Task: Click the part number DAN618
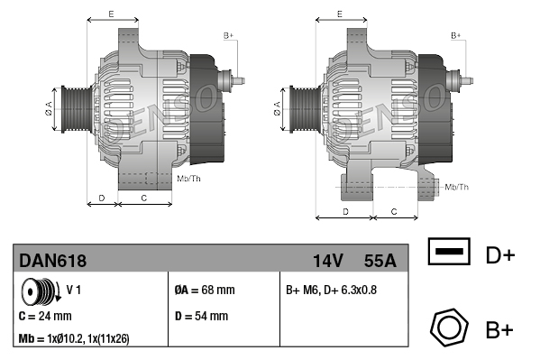[x=52, y=261]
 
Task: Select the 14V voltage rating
[x=328, y=261]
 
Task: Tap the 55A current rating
[x=380, y=261]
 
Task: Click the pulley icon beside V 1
[x=41, y=291]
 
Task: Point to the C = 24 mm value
[x=45, y=316]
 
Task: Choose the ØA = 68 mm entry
[x=205, y=290]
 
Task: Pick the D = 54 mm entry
[x=201, y=316]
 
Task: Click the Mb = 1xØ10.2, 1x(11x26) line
[x=74, y=339]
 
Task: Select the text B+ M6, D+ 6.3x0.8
[x=331, y=290]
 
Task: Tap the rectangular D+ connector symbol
[x=449, y=252]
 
